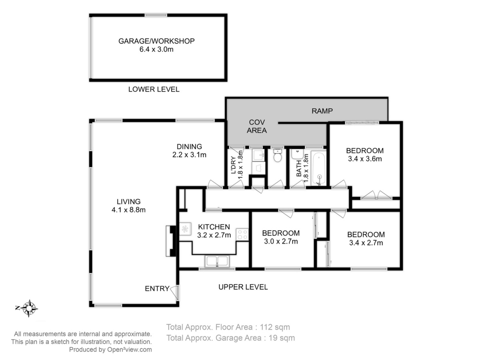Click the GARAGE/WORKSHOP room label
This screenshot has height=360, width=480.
pos(156,41)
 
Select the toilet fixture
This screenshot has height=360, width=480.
pos(278,156)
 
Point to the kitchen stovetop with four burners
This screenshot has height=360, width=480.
pos(242,234)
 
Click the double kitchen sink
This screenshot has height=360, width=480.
pos(217,262)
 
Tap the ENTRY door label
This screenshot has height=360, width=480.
pos(157,288)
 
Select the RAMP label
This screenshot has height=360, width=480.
pos(322,111)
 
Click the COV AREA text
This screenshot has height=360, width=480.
pos(257,126)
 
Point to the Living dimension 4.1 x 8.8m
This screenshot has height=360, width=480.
pos(128,210)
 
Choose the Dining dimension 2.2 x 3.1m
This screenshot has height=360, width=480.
pos(189,155)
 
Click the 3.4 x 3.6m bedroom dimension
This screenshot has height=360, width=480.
pos(365,159)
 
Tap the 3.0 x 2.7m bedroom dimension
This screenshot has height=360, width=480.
pos(281,241)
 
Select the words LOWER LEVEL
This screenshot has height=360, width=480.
pos(154,89)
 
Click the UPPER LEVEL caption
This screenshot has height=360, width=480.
pos(243,287)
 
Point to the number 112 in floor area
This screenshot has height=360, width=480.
pos(266,327)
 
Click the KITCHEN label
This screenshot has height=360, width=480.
pos(214,227)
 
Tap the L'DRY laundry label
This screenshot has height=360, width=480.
pos(233,165)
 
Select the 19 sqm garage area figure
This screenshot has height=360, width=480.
pos(282,338)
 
